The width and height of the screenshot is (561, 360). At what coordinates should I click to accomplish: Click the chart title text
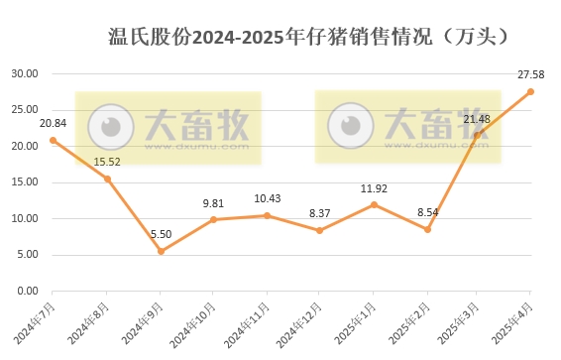coord(308,38)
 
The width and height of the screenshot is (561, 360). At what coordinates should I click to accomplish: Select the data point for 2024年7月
coord(54,140)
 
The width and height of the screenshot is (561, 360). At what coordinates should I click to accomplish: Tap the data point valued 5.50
coord(161,251)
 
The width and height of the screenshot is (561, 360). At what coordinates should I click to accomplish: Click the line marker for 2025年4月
coord(530,91)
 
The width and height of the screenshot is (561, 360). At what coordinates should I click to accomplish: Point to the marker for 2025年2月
coord(426,229)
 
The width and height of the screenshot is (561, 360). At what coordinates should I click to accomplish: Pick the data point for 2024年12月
coord(319,230)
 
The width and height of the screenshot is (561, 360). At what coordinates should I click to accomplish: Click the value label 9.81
coord(214,203)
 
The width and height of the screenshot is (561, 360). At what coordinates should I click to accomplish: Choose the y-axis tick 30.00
coord(24,74)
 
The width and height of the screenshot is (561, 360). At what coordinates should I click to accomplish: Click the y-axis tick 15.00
coord(24,182)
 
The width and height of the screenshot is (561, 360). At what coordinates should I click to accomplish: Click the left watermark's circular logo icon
coord(111,125)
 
